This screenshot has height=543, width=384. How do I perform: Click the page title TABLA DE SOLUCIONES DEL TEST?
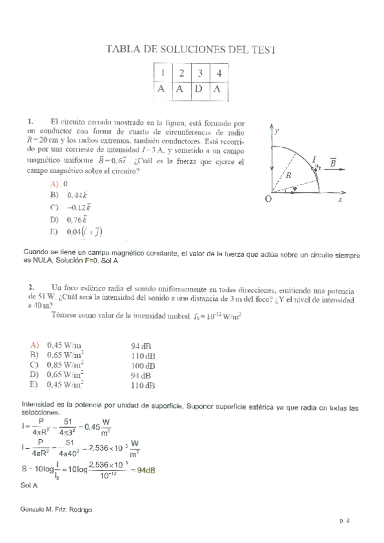[x=190, y=49]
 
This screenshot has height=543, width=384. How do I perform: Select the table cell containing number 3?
[x=199, y=72]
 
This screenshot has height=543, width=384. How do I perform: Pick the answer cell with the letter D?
[x=199, y=89]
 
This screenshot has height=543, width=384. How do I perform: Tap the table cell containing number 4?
[x=218, y=72]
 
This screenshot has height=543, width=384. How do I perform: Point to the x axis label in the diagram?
[x=340, y=199]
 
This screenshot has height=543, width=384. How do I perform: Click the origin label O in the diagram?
[x=268, y=200]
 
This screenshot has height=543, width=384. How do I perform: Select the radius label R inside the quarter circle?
[x=288, y=174]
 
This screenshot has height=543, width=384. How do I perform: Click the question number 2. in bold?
[x=31, y=287]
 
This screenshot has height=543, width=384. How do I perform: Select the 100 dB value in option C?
[x=144, y=366]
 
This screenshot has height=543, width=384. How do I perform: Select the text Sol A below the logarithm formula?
[x=29, y=485]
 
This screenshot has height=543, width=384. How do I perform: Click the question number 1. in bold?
[x=30, y=120]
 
